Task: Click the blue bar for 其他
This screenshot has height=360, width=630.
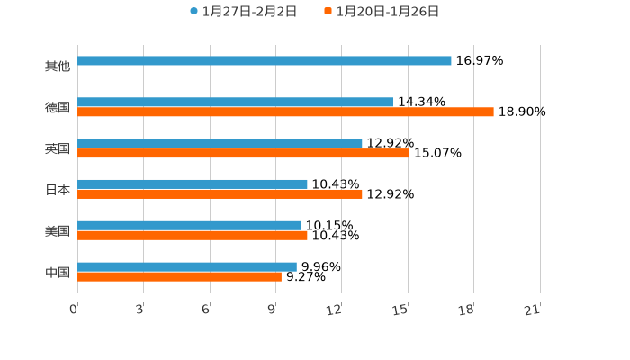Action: pyautogui.click(x=265, y=61)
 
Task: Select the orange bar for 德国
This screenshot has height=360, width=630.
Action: pyautogui.click(x=285, y=112)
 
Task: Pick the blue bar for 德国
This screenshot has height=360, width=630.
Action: pyautogui.click(x=235, y=102)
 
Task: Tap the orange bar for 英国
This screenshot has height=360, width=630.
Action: pyautogui.click(x=243, y=154)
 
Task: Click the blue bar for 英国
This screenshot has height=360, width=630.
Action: pyautogui.click(x=220, y=143)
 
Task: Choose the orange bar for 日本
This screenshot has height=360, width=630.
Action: pyautogui.click(x=220, y=194)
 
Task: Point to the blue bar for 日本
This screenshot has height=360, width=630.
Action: pyautogui.click(x=193, y=184)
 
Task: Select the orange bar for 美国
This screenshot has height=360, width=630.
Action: pyautogui.click(x=193, y=236)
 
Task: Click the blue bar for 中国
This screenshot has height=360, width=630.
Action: pyautogui.click(x=187, y=266)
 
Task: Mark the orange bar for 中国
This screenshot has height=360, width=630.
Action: pyautogui.click(x=179, y=277)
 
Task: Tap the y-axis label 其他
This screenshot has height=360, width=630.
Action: pyautogui.click(x=58, y=67)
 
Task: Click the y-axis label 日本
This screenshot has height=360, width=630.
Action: pyautogui.click(x=58, y=190)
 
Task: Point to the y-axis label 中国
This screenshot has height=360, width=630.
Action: pyautogui.click(x=58, y=272)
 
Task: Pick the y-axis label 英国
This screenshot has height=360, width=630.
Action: pyautogui.click(x=58, y=148)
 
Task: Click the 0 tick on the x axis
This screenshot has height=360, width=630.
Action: pyautogui.click(x=75, y=310)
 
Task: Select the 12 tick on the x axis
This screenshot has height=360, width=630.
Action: pyautogui.click(x=335, y=310)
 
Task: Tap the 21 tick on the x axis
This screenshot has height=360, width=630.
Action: pyautogui.click(x=533, y=310)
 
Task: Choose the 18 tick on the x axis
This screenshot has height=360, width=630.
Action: pyautogui.click(x=466, y=310)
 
